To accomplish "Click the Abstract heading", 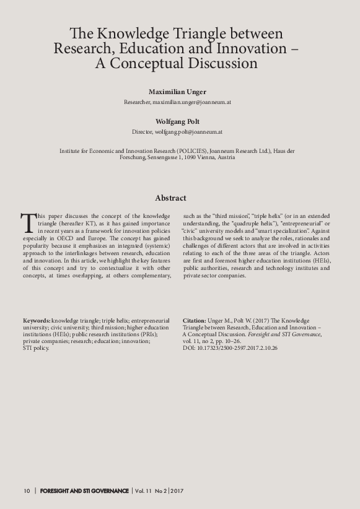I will pyautogui.click(x=170, y=198).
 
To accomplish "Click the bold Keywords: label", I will pyautogui.click(x=37, y=320).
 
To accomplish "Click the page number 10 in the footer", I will pyautogui.click(x=27, y=491).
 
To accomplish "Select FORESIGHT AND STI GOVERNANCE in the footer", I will pyautogui.click(x=84, y=491).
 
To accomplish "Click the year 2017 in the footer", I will pyautogui.click(x=177, y=491).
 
